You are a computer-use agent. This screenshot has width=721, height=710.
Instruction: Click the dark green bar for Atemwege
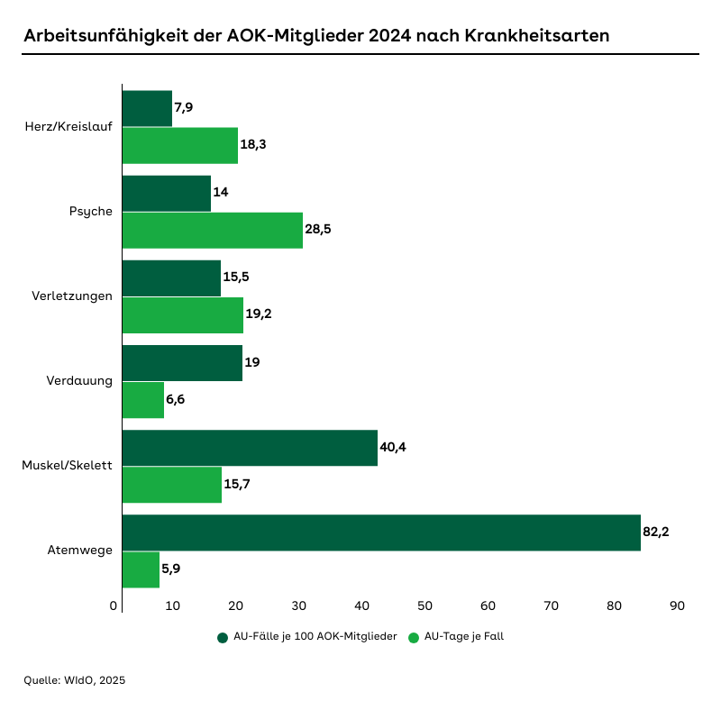pos(380,532)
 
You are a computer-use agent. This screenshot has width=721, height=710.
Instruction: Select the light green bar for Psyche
pos(212,230)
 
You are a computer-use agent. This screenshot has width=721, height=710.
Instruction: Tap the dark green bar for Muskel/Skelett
pos(249,448)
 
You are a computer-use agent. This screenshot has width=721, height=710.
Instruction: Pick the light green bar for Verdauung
pos(142,399)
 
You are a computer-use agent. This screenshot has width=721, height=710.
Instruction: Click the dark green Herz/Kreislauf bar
pos(146,108)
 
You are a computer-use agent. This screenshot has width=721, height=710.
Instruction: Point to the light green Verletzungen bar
pos(182,314)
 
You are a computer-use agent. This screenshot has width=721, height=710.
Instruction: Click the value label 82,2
pos(656,532)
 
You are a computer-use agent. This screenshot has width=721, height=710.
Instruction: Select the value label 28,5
pos(318,230)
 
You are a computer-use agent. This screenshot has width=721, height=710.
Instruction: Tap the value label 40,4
pos(393,448)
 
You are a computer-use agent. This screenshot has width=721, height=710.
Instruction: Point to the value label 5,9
pos(171,569)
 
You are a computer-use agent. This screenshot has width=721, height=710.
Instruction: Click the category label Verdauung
pos(79,381)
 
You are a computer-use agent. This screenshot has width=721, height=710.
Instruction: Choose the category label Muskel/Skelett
pos(67,466)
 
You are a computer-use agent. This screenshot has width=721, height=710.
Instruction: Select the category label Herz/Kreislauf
pos(68,126)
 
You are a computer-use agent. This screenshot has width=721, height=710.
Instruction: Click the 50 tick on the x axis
pos(425,606)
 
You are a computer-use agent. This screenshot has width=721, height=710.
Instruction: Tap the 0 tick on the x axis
pos(114,606)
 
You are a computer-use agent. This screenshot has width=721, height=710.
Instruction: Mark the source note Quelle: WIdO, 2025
pos(75,680)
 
